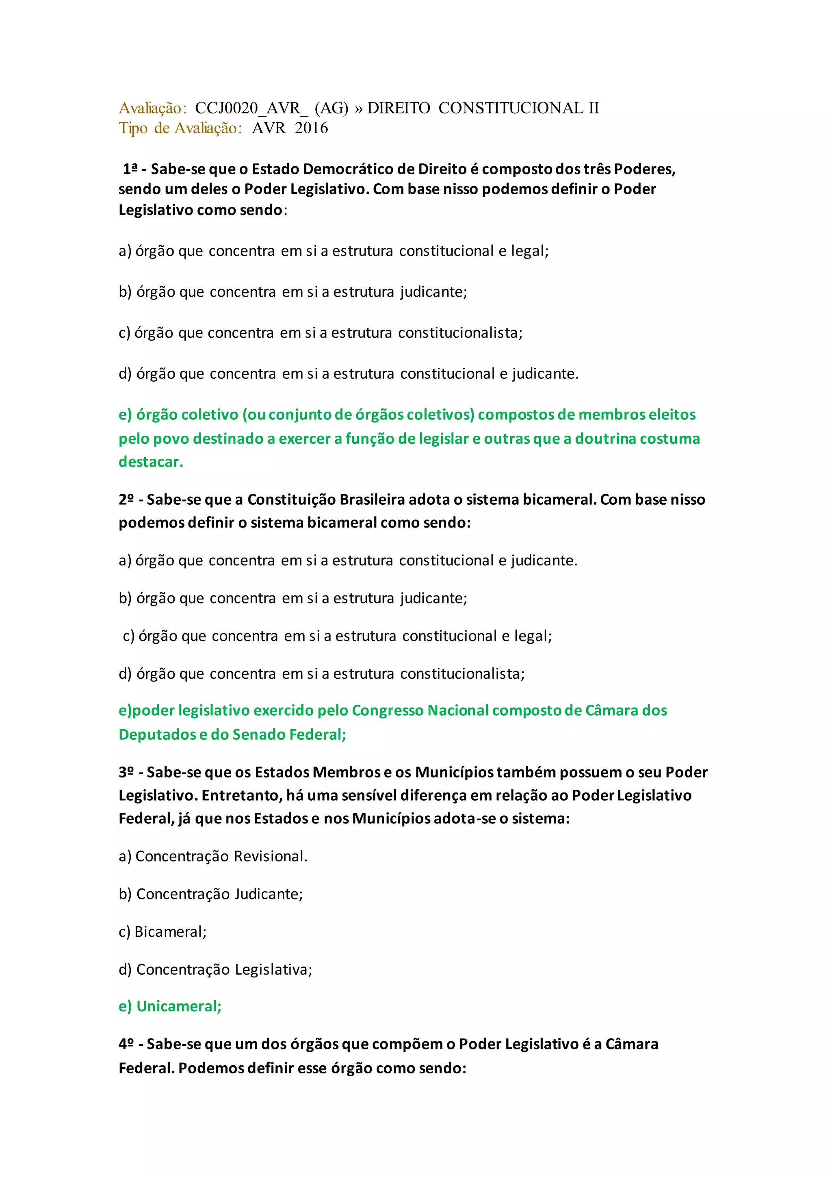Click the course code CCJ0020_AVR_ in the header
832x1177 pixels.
coord(251,109)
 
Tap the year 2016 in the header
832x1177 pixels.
coord(311,128)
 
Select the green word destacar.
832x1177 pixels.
coord(151,462)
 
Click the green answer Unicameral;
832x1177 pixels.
coord(179,1006)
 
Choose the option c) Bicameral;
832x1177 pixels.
coord(162,932)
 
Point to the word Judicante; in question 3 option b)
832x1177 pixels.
coord(269,894)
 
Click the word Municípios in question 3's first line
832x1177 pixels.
coord(454,772)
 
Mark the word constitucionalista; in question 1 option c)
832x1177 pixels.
coord(460,333)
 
